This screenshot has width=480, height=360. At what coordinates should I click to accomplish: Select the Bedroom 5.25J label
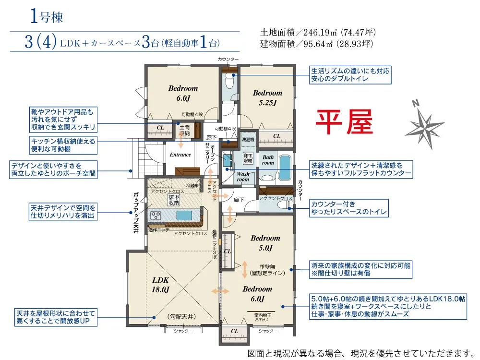coord(267,97)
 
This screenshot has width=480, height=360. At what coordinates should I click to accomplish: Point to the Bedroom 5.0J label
coord(265,243)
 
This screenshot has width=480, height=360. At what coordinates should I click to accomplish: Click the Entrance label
coord(180,155)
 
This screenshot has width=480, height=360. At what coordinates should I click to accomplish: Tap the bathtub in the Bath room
coord(284,168)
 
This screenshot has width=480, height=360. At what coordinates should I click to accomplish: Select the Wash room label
coord(242,177)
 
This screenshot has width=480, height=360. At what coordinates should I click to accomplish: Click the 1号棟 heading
coord(46,17)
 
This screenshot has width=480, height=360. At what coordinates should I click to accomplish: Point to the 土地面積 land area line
coord(317,33)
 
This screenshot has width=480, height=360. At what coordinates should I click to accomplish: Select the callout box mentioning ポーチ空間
coord(53,170)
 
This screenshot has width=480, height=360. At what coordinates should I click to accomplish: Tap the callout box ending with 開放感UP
coord(53,316)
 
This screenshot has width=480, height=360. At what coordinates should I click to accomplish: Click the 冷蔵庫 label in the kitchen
coord(192,185)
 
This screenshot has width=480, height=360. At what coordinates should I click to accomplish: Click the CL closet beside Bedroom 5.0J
coord(228,251)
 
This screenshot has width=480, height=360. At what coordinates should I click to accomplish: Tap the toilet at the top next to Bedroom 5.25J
coord(229,84)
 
